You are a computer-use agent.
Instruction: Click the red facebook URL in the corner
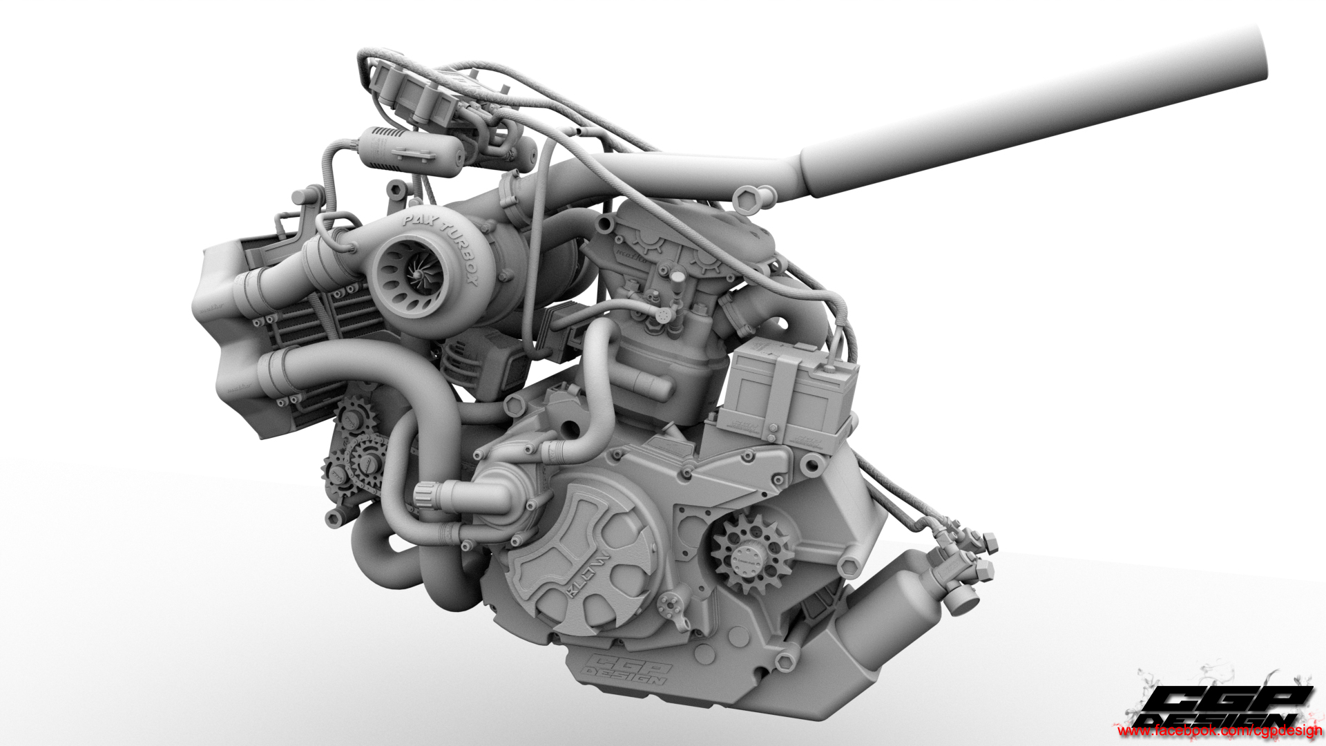[x=1219, y=731]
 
